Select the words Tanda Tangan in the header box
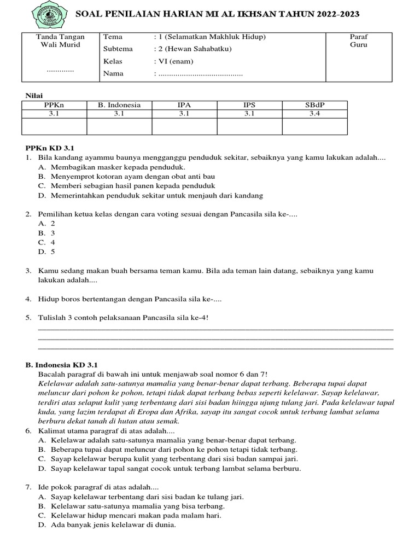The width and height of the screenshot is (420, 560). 60,37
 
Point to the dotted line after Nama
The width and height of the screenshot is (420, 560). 200,74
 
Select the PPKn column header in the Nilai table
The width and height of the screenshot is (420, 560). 54,105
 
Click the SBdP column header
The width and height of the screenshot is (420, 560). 314,105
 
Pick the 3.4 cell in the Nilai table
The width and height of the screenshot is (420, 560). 314,114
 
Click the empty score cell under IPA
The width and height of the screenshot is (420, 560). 184,126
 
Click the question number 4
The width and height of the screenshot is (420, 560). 28,299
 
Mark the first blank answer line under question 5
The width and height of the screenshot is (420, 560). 215,328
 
